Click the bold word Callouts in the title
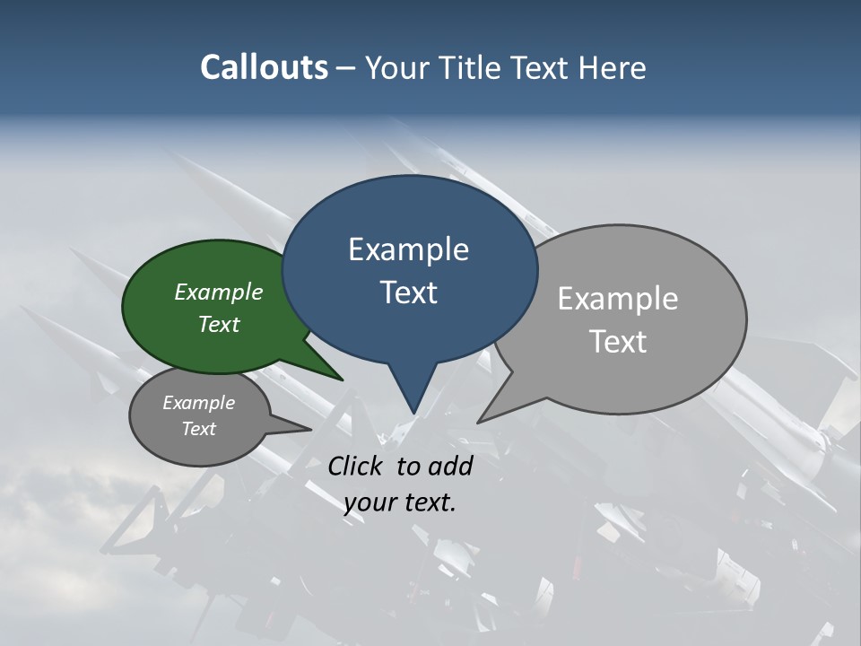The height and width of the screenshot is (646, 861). pyautogui.click(x=264, y=67)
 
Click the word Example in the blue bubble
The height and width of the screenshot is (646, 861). pyautogui.click(x=408, y=249)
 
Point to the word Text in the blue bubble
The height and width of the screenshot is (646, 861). pyautogui.click(x=408, y=292)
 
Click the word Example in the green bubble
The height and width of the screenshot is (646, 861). pyautogui.click(x=219, y=292)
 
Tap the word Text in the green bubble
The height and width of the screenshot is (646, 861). pyautogui.click(x=219, y=324)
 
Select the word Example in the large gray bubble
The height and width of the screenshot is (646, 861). pyautogui.click(x=618, y=299)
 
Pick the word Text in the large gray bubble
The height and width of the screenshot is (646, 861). pyautogui.click(x=618, y=342)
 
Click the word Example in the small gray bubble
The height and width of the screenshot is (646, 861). pyautogui.click(x=198, y=403)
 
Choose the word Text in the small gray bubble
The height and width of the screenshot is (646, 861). pyautogui.click(x=198, y=429)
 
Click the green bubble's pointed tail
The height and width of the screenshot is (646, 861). pyautogui.click(x=341, y=379)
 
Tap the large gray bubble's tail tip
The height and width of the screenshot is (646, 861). pyautogui.click(x=479, y=421)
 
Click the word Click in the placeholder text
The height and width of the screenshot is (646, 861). pyautogui.click(x=356, y=466)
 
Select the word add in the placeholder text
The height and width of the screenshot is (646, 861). pyautogui.click(x=450, y=466)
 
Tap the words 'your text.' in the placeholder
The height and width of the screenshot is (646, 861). pyautogui.click(x=400, y=502)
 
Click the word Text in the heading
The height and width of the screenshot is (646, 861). pyautogui.click(x=541, y=67)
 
